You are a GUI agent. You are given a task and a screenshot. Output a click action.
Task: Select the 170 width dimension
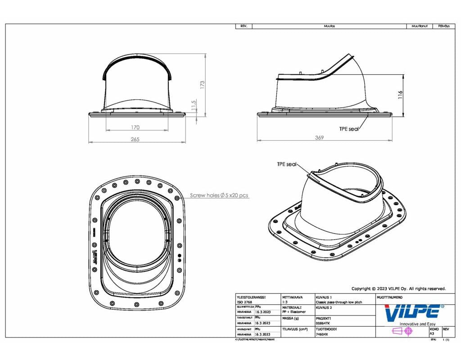click(136, 127)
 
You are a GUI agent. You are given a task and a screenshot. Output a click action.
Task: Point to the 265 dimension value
click(135, 139)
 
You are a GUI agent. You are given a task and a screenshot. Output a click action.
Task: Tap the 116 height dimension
click(400, 94)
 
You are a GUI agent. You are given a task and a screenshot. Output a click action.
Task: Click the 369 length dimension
click(319, 138)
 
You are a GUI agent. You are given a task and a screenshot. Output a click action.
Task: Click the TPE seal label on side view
click(349, 129)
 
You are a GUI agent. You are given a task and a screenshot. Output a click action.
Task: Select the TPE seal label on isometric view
click(287, 165)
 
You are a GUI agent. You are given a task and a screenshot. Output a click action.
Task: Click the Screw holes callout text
click(219, 196)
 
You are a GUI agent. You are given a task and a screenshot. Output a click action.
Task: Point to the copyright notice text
click(398, 289)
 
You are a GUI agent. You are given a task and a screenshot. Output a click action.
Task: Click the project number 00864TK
click(323, 323)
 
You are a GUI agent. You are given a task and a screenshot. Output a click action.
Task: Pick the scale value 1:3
click(285, 302)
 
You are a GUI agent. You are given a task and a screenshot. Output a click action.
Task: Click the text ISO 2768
click(244, 302)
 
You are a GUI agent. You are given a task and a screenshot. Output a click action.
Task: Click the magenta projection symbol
click(402, 332)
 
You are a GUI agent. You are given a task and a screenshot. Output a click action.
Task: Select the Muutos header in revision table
click(329, 26)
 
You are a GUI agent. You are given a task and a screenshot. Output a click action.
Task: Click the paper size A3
click(432, 334)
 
